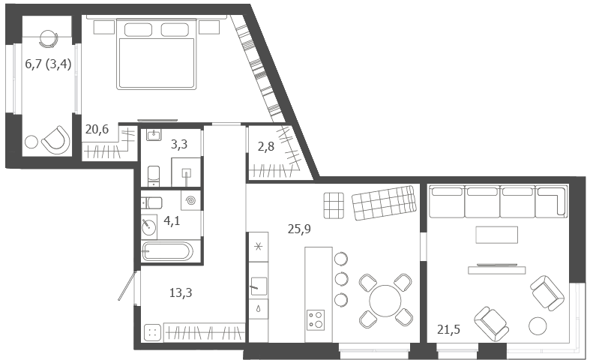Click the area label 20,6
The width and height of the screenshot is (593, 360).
point(97,129)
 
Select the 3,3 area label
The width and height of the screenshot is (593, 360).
point(179,144)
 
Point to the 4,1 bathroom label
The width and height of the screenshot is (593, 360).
point(172,220)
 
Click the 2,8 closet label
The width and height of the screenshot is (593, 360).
point(266,146)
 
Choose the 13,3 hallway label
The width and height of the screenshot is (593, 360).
point(181,292)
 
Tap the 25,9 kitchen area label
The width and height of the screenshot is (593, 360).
point(299,229)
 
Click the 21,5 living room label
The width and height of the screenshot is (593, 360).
point(448,330)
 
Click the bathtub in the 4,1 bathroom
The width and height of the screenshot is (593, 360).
point(167,251)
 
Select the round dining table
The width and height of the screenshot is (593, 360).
point(385,301)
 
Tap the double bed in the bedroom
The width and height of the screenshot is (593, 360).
point(157,55)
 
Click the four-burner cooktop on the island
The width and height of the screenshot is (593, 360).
point(316,320)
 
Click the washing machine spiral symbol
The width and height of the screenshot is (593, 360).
point(190,200)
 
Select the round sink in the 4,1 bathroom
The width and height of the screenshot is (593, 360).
point(148,226)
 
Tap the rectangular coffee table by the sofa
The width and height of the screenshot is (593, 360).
point(496,235)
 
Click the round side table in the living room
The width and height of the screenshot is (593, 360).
point(538,326)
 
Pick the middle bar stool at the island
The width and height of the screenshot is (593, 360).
point(341,279)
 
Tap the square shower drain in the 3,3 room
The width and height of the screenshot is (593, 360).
point(187,173)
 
